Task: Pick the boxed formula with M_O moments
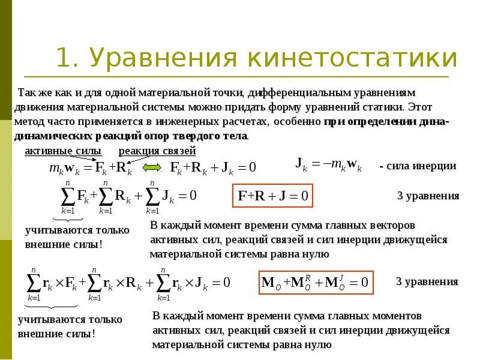click(x=316, y=282)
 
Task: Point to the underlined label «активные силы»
click(x=62, y=151)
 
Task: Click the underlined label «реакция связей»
click(x=157, y=151)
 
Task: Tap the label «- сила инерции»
click(x=418, y=166)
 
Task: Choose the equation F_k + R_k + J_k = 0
click(x=214, y=167)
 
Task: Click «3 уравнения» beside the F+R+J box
click(x=428, y=196)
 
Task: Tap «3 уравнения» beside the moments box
click(x=427, y=281)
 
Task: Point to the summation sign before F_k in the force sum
click(x=68, y=196)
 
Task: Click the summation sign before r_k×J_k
click(x=163, y=282)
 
